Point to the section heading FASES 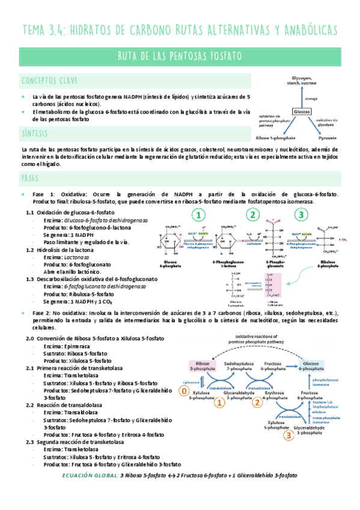[29, 179]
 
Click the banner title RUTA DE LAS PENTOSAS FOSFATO [180, 56]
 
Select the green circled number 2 [254, 216]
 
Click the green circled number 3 [302, 216]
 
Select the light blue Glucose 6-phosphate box [312, 367]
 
